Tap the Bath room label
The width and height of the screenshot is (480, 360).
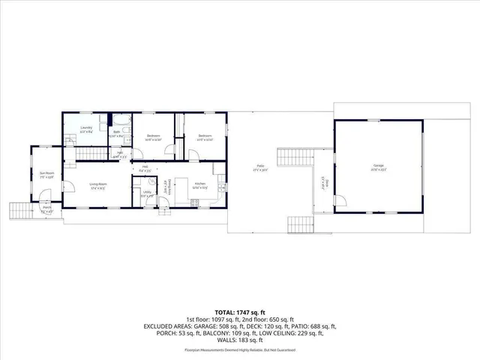click(x=117, y=133)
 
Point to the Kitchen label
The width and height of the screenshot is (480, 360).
click(x=200, y=185)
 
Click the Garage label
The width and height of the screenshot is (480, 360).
click(x=377, y=167)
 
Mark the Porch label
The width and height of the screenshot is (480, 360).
click(x=46, y=210)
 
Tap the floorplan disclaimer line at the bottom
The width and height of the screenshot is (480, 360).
click(x=239, y=343)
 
